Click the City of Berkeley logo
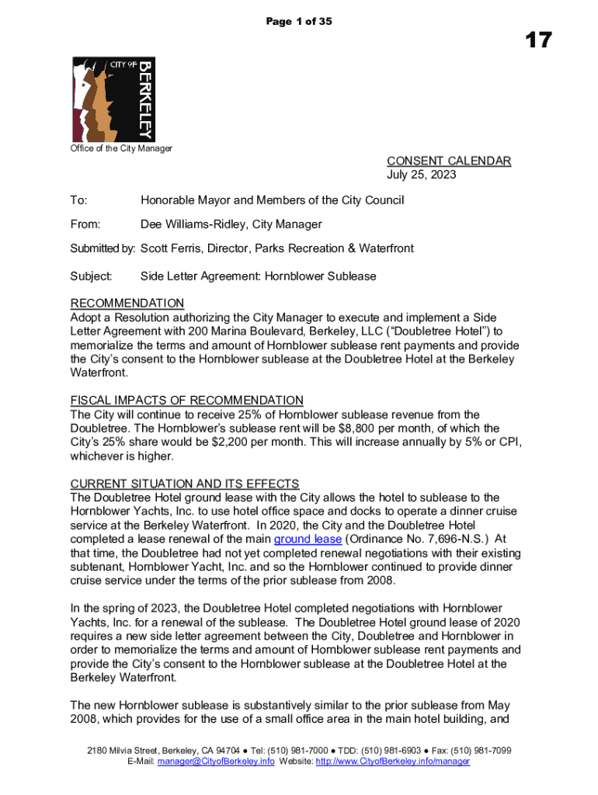tap(112, 98)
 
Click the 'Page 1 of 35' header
tap(299, 22)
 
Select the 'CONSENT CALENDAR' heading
tap(448, 161)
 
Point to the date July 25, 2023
tap(422, 175)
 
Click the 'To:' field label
tap(78, 201)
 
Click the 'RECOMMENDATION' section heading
tap(127, 303)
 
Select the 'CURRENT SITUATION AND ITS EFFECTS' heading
tap(185, 484)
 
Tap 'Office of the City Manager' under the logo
tap(121, 148)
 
